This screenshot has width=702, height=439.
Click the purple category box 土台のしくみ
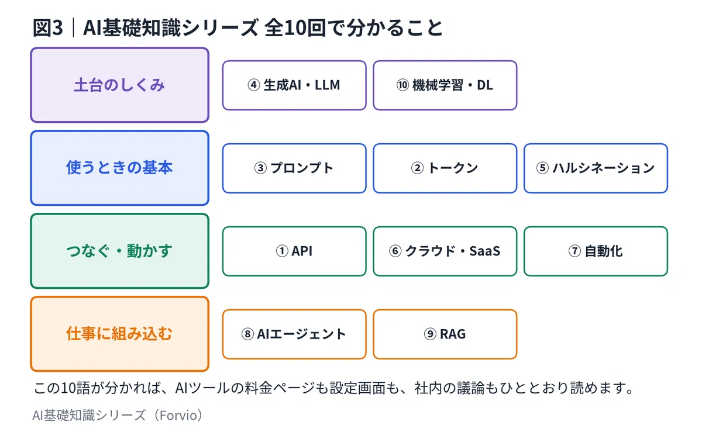tap(119, 85)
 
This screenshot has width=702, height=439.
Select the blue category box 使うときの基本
tap(119, 168)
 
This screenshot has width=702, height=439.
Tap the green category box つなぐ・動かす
tap(119, 251)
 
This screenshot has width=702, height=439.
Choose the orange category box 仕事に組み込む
tap(119, 334)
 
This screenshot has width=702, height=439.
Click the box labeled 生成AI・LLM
tap(294, 85)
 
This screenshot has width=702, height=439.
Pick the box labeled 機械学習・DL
tap(445, 85)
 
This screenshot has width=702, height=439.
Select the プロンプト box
tap(294, 168)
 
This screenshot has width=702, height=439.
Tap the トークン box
tap(445, 168)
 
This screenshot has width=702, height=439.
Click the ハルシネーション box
tap(596, 168)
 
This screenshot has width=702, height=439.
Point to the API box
tap(294, 251)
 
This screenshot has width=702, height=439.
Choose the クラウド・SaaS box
tap(445, 251)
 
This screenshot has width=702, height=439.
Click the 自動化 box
tap(596, 251)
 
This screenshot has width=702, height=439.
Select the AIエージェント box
tap(294, 334)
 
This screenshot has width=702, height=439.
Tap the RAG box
tap(445, 334)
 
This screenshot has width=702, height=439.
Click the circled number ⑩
tap(402, 85)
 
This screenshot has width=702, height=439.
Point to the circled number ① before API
tap(282, 251)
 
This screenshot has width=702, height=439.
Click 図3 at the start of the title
tap(48, 27)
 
